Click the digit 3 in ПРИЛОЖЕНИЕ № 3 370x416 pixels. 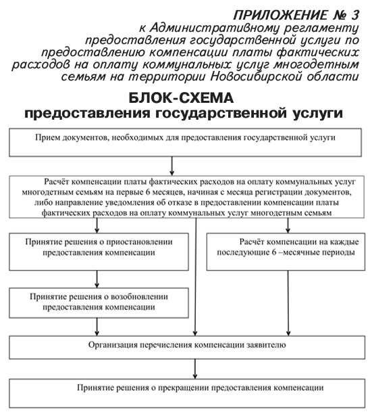click(355, 15)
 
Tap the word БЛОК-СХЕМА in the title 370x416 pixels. click(181, 98)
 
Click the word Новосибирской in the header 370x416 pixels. click(257, 76)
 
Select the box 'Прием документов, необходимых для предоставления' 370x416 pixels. click(185, 143)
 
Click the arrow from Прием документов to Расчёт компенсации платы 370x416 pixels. click(172, 166)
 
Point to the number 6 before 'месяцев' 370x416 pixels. click(148, 192)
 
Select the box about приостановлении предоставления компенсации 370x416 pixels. click(99, 252)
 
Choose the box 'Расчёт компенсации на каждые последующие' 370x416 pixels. click(286, 252)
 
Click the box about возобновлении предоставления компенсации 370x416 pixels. click(99, 303)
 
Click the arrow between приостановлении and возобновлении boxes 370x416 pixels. click(97, 279)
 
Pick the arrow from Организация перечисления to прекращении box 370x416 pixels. click(195, 369)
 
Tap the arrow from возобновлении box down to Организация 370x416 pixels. click(97, 327)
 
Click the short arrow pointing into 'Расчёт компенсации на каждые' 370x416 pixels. click(288, 225)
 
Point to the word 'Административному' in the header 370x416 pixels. click(214, 28)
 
